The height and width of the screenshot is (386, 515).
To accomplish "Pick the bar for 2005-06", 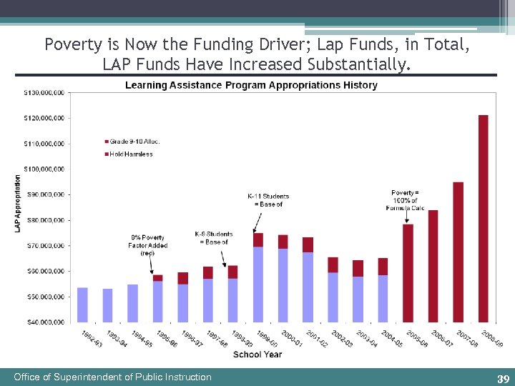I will pyautogui.click(x=408, y=272).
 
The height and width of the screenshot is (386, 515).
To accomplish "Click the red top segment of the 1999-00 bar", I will pyautogui.click(x=258, y=240).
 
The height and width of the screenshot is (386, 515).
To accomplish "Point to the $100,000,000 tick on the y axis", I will pyautogui.click(x=44, y=169).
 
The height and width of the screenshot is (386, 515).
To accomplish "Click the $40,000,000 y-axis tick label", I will pyautogui.click(x=44, y=322).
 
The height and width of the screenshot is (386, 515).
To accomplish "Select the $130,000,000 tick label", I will pyautogui.click(x=44, y=92).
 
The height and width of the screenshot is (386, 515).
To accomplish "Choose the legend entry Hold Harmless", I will pyautogui.click(x=131, y=154).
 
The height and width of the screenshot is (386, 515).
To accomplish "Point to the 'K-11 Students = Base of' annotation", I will pyautogui.click(x=268, y=200).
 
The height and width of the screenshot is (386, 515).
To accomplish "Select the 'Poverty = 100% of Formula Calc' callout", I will pyautogui.click(x=408, y=200).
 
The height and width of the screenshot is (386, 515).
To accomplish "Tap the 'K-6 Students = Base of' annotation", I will pyautogui.click(x=214, y=238).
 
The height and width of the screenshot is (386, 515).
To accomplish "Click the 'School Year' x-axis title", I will pyautogui.click(x=257, y=355).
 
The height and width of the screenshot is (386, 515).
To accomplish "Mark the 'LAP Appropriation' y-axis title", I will pyautogui.click(x=18, y=204).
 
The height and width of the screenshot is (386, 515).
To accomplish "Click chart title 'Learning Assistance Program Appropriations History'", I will pyautogui.click(x=251, y=85).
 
